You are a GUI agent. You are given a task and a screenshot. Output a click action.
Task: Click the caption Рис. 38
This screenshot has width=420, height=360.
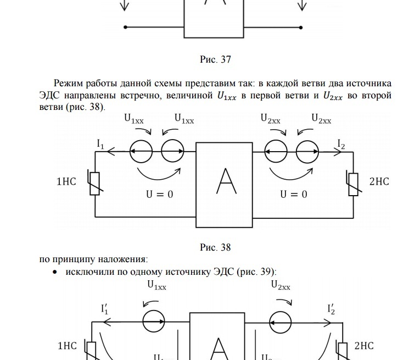[x=215, y=247]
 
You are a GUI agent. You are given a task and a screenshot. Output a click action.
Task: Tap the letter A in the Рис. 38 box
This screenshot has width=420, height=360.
[x=226, y=181]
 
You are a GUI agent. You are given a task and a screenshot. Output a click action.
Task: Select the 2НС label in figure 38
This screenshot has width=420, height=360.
[x=379, y=181]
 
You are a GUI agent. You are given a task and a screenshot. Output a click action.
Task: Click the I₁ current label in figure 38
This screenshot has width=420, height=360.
[x=100, y=143]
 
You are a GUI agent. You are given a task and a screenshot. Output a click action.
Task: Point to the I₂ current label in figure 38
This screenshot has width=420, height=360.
[x=341, y=144]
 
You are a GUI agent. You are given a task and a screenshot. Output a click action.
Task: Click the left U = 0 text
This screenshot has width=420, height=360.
[x=159, y=194]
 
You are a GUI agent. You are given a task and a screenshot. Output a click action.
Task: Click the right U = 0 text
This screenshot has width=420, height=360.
[x=294, y=194]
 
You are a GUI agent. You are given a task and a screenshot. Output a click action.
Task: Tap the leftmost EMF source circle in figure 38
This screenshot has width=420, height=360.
[x=141, y=151]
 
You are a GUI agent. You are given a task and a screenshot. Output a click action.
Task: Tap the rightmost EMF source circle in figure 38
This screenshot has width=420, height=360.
[x=307, y=151]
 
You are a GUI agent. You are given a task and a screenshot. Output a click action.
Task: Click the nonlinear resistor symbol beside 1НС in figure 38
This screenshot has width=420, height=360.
[x=94, y=183]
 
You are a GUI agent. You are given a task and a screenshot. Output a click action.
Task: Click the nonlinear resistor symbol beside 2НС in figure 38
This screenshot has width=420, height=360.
[x=353, y=183]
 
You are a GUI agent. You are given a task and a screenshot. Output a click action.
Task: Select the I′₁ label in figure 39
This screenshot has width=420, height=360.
[x=104, y=309]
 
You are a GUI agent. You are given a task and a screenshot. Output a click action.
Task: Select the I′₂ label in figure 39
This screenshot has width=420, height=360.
[x=331, y=309]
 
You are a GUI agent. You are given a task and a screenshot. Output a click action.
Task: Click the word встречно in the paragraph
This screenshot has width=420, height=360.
[x=137, y=96]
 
